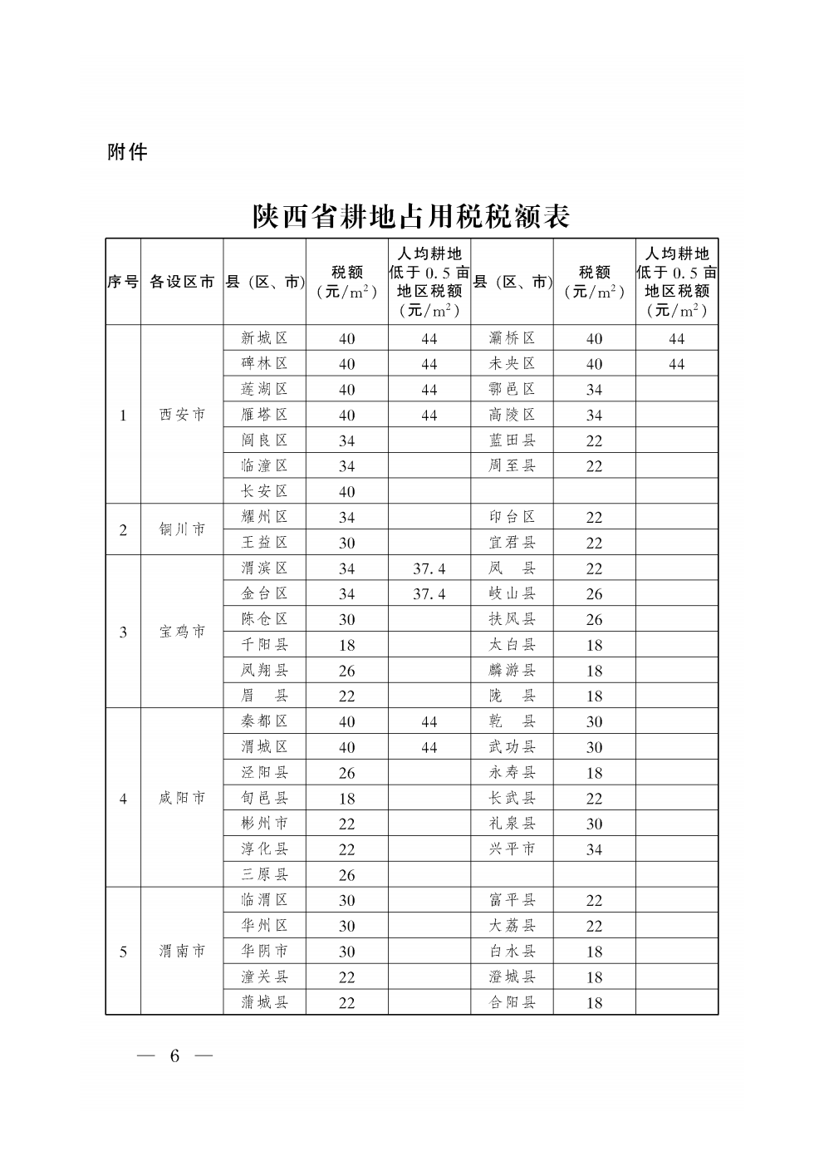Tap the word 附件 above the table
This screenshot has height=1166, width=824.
(127, 152)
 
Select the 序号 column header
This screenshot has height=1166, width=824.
(123, 282)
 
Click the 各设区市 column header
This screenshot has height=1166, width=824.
(182, 282)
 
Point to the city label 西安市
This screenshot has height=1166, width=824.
(182, 415)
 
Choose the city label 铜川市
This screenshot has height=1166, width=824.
(182, 529)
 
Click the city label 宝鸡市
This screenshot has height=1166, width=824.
(182, 632)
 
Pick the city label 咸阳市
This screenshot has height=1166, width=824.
(182, 798)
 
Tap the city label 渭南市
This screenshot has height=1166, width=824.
(182, 952)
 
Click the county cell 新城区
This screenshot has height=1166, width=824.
(264, 338)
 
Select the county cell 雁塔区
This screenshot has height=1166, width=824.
(264, 415)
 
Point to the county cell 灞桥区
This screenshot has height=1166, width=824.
(512, 338)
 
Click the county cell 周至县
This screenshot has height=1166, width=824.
(512, 465)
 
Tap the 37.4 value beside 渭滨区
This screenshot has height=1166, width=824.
(429, 568)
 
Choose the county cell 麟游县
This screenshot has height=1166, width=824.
(512, 670)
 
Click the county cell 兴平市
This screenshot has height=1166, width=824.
(512, 849)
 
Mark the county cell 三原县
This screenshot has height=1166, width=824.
(264, 874)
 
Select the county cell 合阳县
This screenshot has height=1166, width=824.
(512, 1002)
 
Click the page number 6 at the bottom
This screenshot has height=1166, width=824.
(174, 1055)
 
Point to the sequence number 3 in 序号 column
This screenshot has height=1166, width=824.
(123, 632)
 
